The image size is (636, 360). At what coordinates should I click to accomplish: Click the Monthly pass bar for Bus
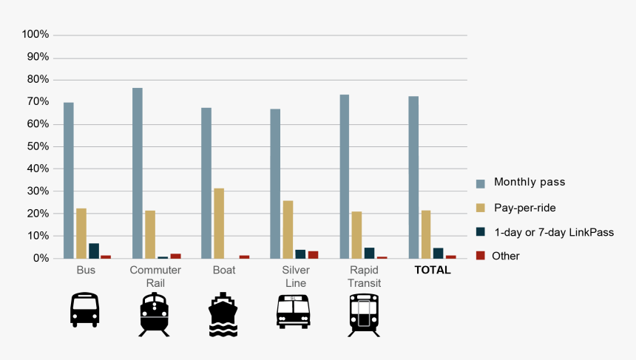68,180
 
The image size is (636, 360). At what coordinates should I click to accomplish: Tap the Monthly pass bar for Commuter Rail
138,173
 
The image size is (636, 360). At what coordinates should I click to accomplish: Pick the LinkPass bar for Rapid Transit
369,253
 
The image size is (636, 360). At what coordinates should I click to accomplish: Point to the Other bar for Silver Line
313,254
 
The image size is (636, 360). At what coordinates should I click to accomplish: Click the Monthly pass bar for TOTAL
413,177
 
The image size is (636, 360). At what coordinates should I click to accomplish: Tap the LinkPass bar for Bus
93,251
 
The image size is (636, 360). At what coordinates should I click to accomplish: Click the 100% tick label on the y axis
35,35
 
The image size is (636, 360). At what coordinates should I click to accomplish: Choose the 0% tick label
41,259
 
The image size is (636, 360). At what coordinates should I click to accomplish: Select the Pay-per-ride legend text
524,208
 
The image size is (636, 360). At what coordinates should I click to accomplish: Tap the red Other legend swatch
481,256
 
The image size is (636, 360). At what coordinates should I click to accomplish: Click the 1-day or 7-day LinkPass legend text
554,232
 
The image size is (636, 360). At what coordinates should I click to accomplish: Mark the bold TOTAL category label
433,271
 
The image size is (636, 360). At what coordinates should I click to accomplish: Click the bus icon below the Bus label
84,310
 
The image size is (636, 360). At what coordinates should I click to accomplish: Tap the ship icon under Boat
223,315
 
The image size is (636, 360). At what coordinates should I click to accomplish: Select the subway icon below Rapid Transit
364,314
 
